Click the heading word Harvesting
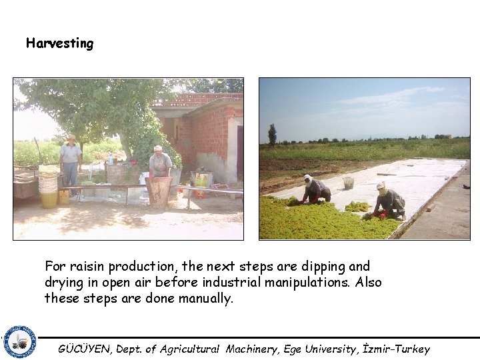tap(60, 44)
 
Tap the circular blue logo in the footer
tap(20, 342)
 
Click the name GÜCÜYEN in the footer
tap(86, 349)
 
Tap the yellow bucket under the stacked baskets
tap(49, 199)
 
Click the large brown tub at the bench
tap(160, 191)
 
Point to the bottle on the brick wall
tap(110, 159)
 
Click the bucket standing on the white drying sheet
tap(348, 182)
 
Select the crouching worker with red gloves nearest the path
tap(389, 202)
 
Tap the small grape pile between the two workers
tap(357, 207)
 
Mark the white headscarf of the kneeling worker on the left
tap(307, 179)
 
